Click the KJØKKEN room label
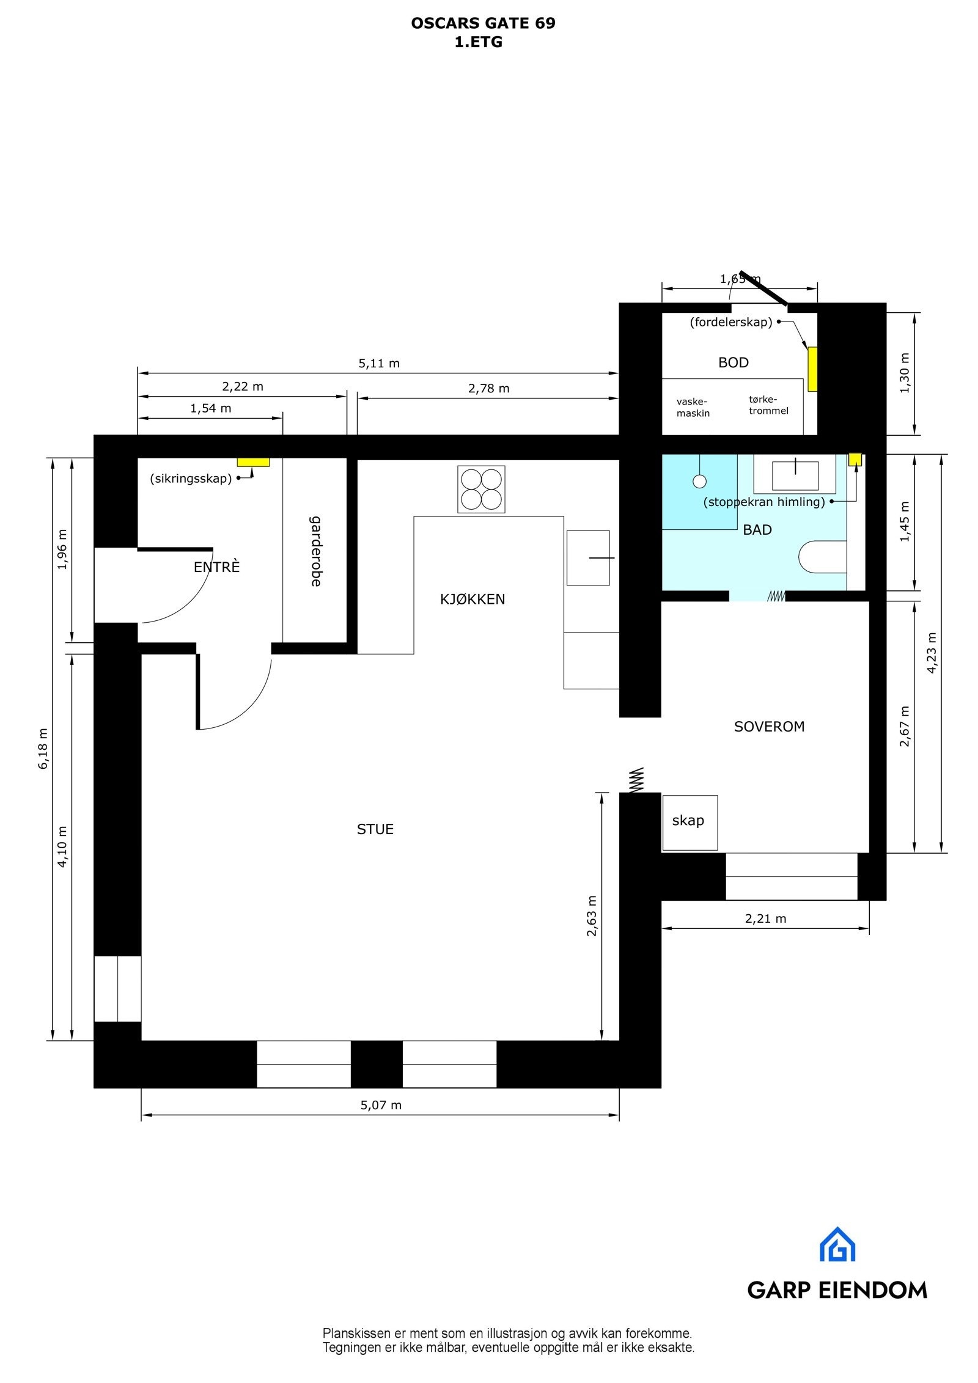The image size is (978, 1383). pyautogui.click(x=472, y=600)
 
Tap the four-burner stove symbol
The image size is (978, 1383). pyautogui.click(x=481, y=489)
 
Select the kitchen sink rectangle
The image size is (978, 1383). pyautogui.click(x=588, y=557)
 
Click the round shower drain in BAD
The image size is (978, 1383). pyautogui.click(x=699, y=482)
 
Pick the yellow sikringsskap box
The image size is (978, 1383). pyautogui.click(x=253, y=462)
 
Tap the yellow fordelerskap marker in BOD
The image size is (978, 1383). pyautogui.click(x=813, y=369)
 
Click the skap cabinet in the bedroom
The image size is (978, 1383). pyautogui.click(x=689, y=822)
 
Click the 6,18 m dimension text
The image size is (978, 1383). pyautogui.click(x=43, y=748)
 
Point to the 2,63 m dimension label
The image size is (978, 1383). pyautogui.click(x=592, y=915)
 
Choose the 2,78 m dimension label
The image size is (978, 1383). pyautogui.click(x=489, y=388)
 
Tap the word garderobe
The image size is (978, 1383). pyautogui.click(x=315, y=551)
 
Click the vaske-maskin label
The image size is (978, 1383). pyautogui.click(x=693, y=408)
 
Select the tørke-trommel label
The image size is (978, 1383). pyautogui.click(x=768, y=405)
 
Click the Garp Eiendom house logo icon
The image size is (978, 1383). pyautogui.click(x=837, y=1244)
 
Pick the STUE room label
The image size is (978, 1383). pyautogui.click(x=375, y=829)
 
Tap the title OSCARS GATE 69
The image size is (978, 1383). pyautogui.click(x=483, y=23)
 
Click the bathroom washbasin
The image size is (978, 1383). pyautogui.click(x=795, y=476)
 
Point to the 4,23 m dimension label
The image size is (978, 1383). pyautogui.click(x=932, y=653)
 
